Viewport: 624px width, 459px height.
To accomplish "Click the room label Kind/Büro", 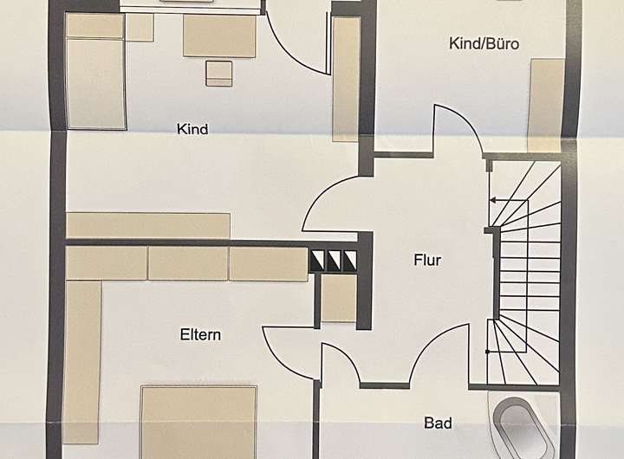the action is point(484,42).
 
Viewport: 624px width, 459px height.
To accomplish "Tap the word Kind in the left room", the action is point(192,130).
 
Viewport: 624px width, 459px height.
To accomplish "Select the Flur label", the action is point(428,259).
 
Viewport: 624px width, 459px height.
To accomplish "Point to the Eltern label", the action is point(200,334).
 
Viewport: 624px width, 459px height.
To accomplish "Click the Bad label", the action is point(438,423).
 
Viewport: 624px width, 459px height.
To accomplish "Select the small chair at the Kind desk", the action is point(219,74).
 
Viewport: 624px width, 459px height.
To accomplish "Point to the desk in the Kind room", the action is point(218,36).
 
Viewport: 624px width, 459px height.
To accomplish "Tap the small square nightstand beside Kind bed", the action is point(140,28).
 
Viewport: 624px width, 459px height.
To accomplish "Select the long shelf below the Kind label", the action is point(148,225).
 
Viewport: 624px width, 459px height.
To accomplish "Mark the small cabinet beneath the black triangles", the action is point(339,299).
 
